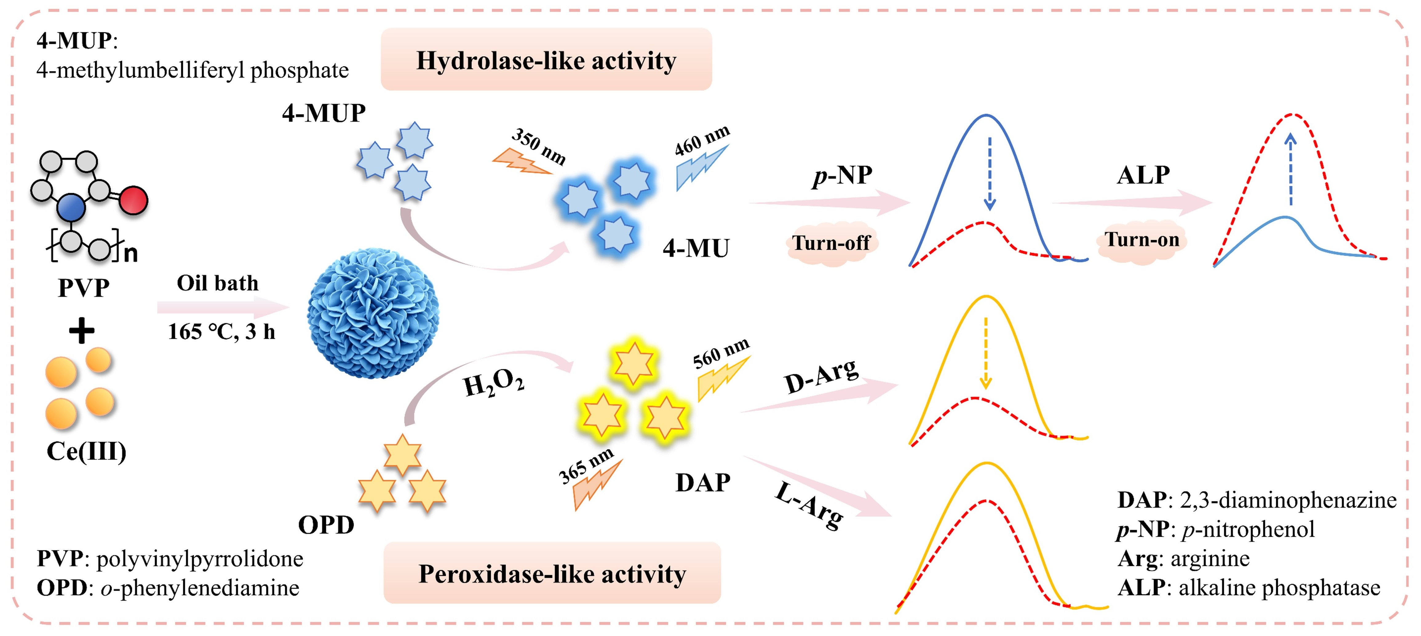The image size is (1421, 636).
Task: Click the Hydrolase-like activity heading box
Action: pos(546,60)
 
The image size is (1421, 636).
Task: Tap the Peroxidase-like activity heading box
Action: pos(552,573)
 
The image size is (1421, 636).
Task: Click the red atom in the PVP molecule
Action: pos(133,200)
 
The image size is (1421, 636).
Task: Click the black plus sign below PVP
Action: pos(81,331)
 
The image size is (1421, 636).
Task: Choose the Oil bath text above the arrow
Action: pos(217,283)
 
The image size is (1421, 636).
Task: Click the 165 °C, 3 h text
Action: pos(221,331)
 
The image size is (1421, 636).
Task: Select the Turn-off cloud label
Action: pos(831,243)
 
